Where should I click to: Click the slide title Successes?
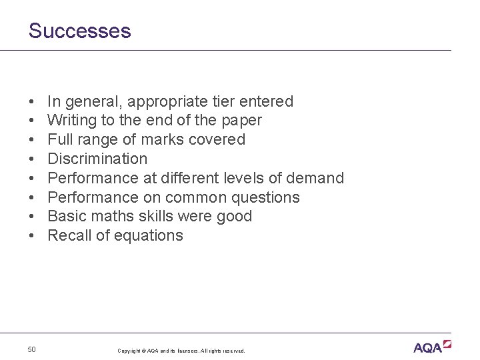click(x=79, y=31)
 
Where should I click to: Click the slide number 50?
click(x=32, y=349)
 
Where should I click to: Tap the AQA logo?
click(x=432, y=347)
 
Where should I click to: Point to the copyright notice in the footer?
click(x=181, y=351)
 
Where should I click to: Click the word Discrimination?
click(x=97, y=159)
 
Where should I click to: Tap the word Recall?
click(x=69, y=235)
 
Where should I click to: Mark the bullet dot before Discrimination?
click(x=32, y=159)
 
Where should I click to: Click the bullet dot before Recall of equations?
click(x=32, y=236)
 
